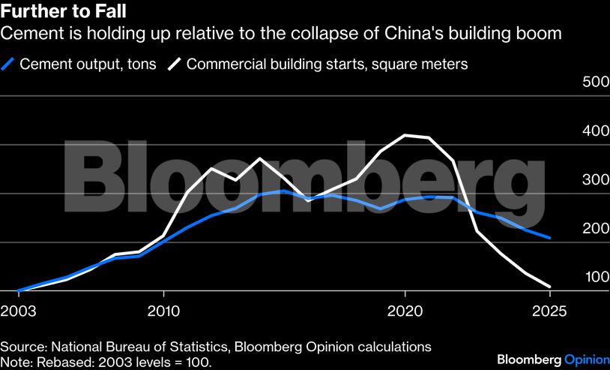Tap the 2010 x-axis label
tap(163, 310)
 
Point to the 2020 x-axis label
tap(405, 310)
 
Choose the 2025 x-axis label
tap(550, 310)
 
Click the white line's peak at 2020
tap(405, 135)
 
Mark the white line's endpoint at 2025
tap(550, 287)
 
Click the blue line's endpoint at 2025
tap(550, 238)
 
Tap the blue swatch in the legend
tap(8, 65)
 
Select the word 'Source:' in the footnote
tap(23, 347)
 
